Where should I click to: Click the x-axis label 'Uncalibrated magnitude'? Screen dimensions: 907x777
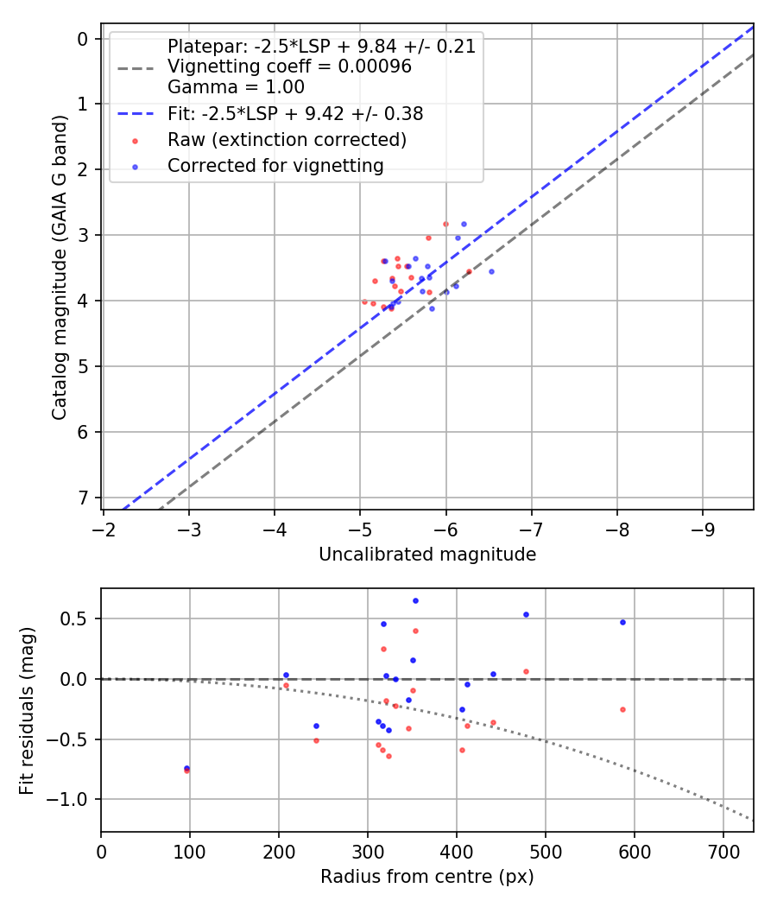coord(427,555)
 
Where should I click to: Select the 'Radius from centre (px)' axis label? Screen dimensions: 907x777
coord(427,877)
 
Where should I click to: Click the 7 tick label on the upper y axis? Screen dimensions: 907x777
coord(83,498)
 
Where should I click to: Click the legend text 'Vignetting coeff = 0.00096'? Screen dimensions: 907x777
coord(289,67)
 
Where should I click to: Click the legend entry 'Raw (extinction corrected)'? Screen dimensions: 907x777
coord(287,139)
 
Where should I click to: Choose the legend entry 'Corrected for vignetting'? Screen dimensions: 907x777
coord(275,165)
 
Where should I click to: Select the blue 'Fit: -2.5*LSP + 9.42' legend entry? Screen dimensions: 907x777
coord(295,113)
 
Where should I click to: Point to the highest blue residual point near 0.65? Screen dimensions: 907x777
coord(415,600)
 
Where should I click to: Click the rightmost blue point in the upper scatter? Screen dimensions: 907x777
coord(491,271)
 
